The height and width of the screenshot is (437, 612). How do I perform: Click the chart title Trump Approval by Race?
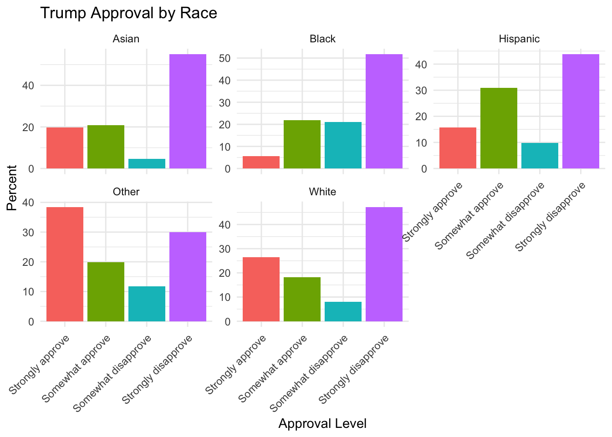click(x=128, y=13)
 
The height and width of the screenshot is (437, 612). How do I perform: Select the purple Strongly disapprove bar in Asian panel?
click(x=188, y=112)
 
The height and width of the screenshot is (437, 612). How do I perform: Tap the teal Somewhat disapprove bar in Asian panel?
click(x=147, y=164)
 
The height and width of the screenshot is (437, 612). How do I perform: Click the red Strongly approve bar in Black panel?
click(x=261, y=163)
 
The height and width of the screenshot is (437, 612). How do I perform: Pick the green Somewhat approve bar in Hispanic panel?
click(x=499, y=128)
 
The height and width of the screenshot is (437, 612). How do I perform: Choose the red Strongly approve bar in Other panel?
click(x=65, y=264)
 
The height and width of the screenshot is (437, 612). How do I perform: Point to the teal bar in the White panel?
click(x=343, y=312)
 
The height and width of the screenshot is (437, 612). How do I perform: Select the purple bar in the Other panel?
click(x=188, y=277)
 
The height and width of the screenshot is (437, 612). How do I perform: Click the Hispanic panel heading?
click(x=519, y=39)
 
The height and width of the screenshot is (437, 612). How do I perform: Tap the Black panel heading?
click(x=322, y=39)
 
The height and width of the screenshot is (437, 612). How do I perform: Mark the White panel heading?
click(x=322, y=192)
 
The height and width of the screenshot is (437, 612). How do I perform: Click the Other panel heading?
click(x=126, y=192)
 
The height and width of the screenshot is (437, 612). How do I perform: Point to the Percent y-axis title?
click(x=12, y=188)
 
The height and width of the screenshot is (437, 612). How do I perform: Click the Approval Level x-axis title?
click(x=322, y=424)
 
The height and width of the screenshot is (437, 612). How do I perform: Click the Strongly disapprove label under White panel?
click(x=355, y=370)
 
